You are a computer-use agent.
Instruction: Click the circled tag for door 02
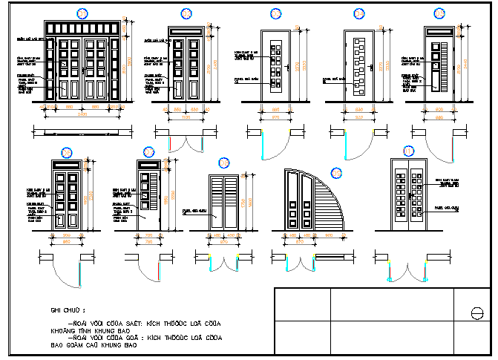tap(186, 13)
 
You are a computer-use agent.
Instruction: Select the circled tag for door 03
tap(275, 13)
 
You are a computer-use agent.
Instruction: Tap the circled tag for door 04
tap(359, 13)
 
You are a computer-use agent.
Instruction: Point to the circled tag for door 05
tap(440, 13)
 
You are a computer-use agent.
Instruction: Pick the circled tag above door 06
tap(67, 153)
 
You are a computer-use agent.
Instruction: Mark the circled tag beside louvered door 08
tap(225, 163)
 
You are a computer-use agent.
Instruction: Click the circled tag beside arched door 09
tap(337, 173)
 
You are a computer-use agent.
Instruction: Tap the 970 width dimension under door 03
tap(275, 117)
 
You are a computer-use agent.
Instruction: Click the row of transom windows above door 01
tap(82, 28)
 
